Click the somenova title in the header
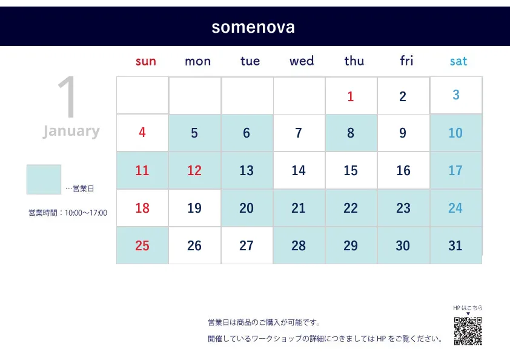(x=253, y=27)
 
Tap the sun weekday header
(x=146, y=61)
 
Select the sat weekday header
(x=459, y=61)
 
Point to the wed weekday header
(x=302, y=61)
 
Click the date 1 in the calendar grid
(x=350, y=96)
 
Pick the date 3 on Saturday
(x=456, y=95)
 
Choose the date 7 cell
(x=299, y=133)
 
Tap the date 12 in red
(x=194, y=170)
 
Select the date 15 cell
(x=351, y=170)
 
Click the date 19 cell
(x=194, y=208)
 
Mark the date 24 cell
(x=455, y=208)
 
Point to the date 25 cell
(x=142, y=245)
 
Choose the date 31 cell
(x=455, y=245)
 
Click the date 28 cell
(x=299, y=245)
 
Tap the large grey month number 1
(x=68, y=97)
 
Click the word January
(x=71, y=131)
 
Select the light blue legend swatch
(x=44, y=179)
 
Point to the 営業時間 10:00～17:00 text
(x=68, y=213)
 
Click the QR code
(x=468, y=331)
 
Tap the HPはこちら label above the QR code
(x=468, y=308)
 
